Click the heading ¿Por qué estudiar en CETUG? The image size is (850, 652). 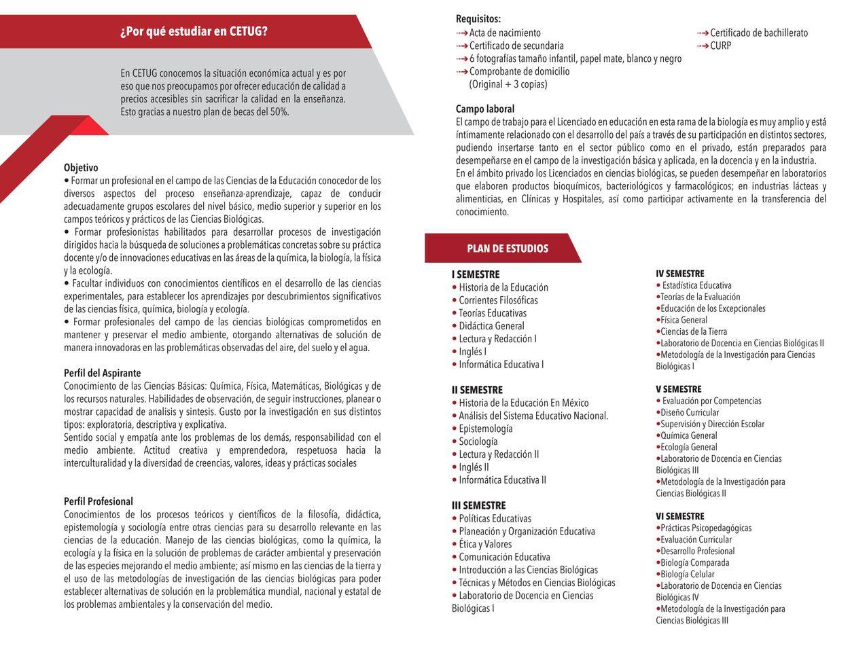point(194,32)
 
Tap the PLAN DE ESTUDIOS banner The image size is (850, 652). point(507,249)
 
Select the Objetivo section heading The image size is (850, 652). point(81,168)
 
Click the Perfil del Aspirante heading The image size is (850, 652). point(103,373)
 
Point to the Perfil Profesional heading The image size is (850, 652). point(99,501)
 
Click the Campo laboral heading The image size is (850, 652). point(485,109)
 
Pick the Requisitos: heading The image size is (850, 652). point(478,19)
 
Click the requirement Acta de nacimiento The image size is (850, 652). point(505,33)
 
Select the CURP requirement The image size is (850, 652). point(721,46)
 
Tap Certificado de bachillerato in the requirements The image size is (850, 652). point(759,33)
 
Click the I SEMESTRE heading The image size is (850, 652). point(476,274)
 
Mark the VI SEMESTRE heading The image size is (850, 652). point(680,516)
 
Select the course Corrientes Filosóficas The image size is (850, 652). point(498,300)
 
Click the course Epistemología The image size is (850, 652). point(486,429)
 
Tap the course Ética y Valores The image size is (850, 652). point(485,544)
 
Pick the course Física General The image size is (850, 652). point(684,320)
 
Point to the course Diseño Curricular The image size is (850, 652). point(690,412)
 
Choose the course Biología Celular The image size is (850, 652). point(688,574)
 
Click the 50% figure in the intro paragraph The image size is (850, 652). point(279,112)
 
